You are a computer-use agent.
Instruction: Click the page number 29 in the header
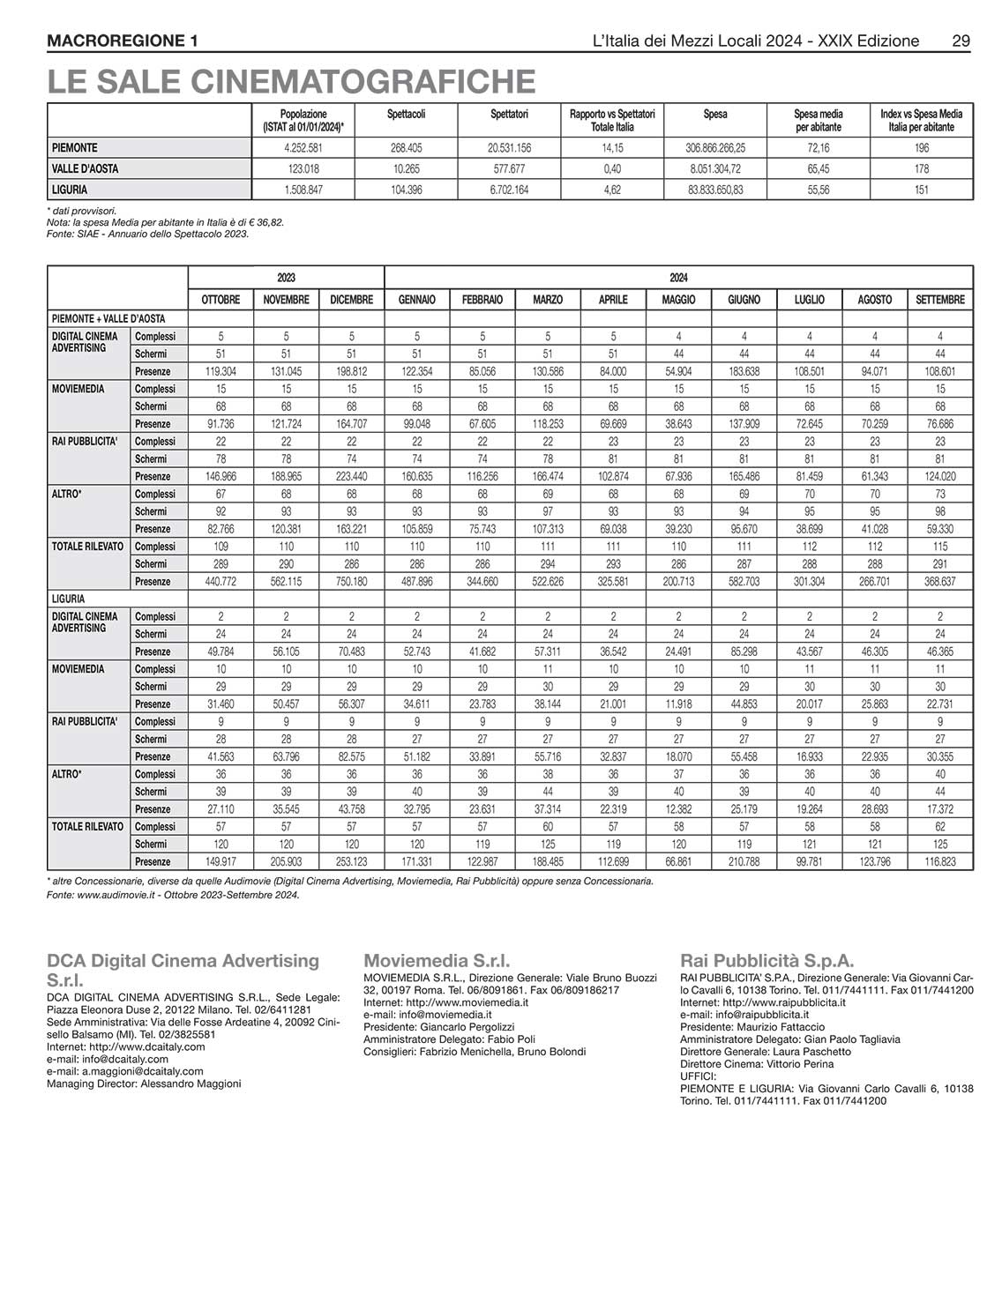(x=961, y=41)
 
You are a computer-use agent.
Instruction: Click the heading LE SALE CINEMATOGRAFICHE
(x=291, y=81)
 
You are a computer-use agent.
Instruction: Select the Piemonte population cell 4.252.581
(x=303, y=148)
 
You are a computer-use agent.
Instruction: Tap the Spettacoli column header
(x=407, y=114)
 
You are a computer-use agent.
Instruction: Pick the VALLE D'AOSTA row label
(x=85, y=168)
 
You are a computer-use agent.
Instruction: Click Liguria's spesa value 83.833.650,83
(x=715, y=190)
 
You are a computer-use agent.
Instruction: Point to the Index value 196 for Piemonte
(x=921, y=148)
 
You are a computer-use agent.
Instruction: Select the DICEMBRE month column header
(x=351, y=300)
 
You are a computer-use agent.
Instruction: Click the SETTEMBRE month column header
(x=940, y=300)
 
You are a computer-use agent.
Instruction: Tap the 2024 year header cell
(x=678, y=277)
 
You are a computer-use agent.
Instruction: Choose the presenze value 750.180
(x=351, y=582)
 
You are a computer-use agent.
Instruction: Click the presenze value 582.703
(x=744, y=582)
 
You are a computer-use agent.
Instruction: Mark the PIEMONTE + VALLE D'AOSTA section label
(x=108, y=318)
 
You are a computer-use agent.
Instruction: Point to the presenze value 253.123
(x=351, y=862)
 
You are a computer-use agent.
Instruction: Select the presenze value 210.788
(x=744, y=862)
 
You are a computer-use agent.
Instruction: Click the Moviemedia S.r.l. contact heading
(x=437, y=961)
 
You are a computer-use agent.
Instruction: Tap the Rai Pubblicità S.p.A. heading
(x=766, y=961)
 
